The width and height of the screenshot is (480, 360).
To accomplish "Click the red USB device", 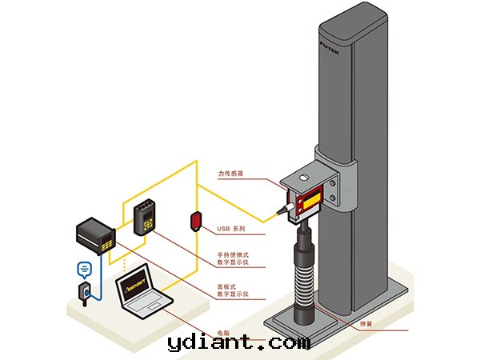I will coord(195,219).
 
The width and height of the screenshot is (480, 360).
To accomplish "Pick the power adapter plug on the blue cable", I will coord(83,292).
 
